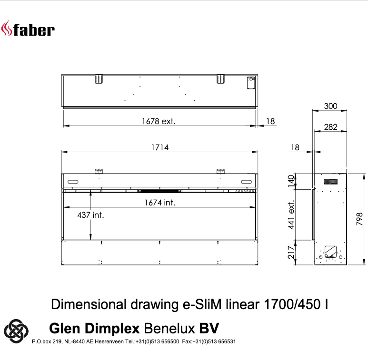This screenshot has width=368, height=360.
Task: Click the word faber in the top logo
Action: click(34, 30)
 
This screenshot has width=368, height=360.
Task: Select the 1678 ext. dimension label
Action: click(159, 121)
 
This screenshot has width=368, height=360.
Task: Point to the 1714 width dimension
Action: click(160, 147)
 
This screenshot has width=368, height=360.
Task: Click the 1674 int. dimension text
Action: click(160, 203)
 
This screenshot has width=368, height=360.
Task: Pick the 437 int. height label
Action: click(90, 215)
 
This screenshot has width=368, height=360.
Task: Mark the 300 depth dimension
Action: click(330, 106)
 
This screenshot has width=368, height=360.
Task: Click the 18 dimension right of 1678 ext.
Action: click(270, 121)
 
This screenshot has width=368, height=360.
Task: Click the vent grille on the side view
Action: click(330, 182)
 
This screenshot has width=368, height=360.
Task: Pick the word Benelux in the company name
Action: click(169, 328)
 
